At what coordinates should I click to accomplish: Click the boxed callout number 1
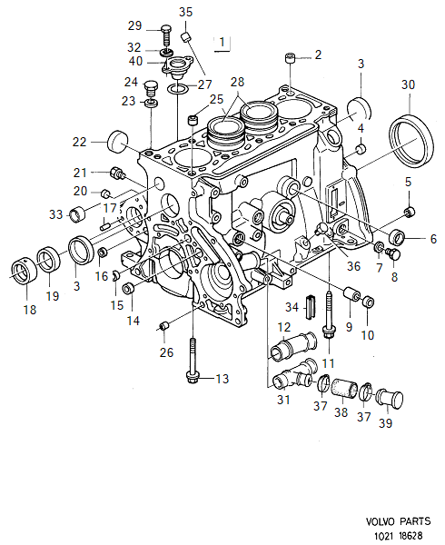[x=222, y=42]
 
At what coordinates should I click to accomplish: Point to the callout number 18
[x=30, y=310]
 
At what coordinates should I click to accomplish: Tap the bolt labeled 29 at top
[x=167, y=36]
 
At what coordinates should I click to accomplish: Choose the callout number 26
[x=164, y=352]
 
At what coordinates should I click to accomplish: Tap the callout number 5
[x=408, y=183]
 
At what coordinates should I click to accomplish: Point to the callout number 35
[x=185, y=12]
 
